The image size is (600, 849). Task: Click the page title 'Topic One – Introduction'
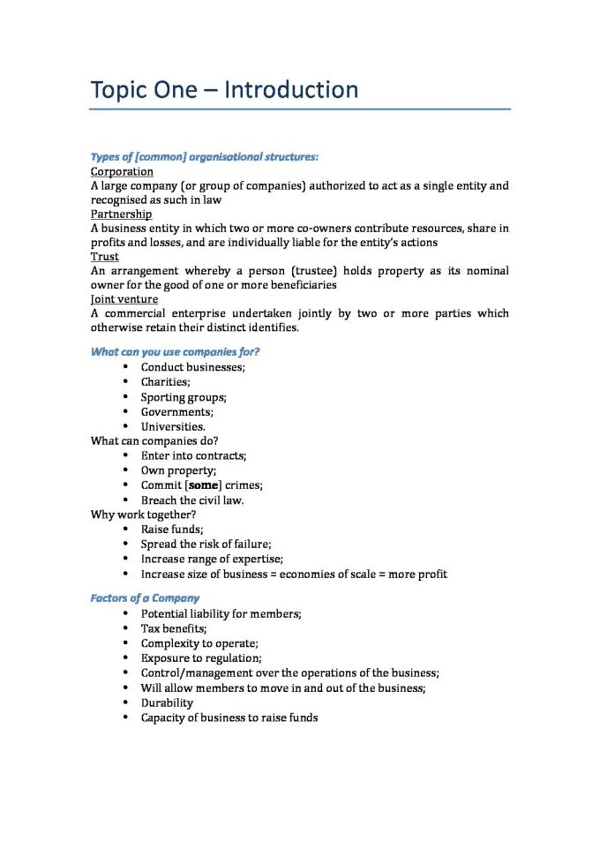(224, 90)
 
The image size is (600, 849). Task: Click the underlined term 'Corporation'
(122, 172)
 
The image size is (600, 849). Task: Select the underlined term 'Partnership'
(121, 214)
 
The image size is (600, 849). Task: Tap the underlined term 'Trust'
(105, 257)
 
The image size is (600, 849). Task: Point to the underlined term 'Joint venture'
(124, 299)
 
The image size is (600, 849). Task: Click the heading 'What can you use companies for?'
(175, 352)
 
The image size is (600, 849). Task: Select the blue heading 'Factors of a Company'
(145, 598)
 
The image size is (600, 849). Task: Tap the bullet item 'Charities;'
(165, 382)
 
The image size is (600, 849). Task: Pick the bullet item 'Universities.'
(173, 426)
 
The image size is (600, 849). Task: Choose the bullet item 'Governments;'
(176, 411)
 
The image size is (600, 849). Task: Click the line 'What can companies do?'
(154, 441)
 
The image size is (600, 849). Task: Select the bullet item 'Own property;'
(178, 470)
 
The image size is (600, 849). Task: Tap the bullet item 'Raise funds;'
(172, 530)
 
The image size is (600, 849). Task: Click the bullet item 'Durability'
(167, 703)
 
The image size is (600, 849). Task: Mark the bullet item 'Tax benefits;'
(174, 628)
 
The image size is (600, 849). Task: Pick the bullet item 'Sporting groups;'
(184, 397)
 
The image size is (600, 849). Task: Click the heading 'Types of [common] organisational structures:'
(204, 157)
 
